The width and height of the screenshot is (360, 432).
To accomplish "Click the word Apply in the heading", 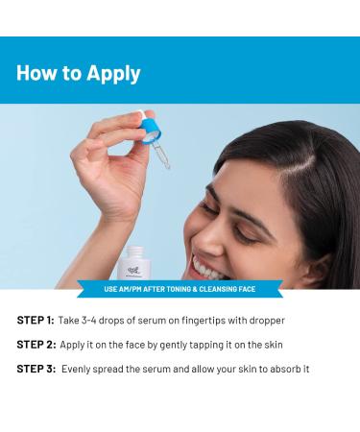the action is pyautogui.click(x=113, y=74).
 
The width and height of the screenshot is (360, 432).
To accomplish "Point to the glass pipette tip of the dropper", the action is pyautogui.click(x=166, y=165).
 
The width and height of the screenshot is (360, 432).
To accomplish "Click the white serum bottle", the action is pyautogui.click(x=134, y=264).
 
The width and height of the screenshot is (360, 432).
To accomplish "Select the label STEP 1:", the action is pyautogui.click(x=36, y=321).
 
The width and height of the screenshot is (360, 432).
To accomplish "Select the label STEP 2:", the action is pyautogui.click(x=36, y=345).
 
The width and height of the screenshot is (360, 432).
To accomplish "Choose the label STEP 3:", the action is pyautogui.click(x=36, y=369).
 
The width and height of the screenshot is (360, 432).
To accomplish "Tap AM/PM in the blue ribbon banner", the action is pyautogui.click(x=130, y=289).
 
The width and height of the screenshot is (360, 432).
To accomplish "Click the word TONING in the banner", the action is pyautogui.click(x=178, y=289).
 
